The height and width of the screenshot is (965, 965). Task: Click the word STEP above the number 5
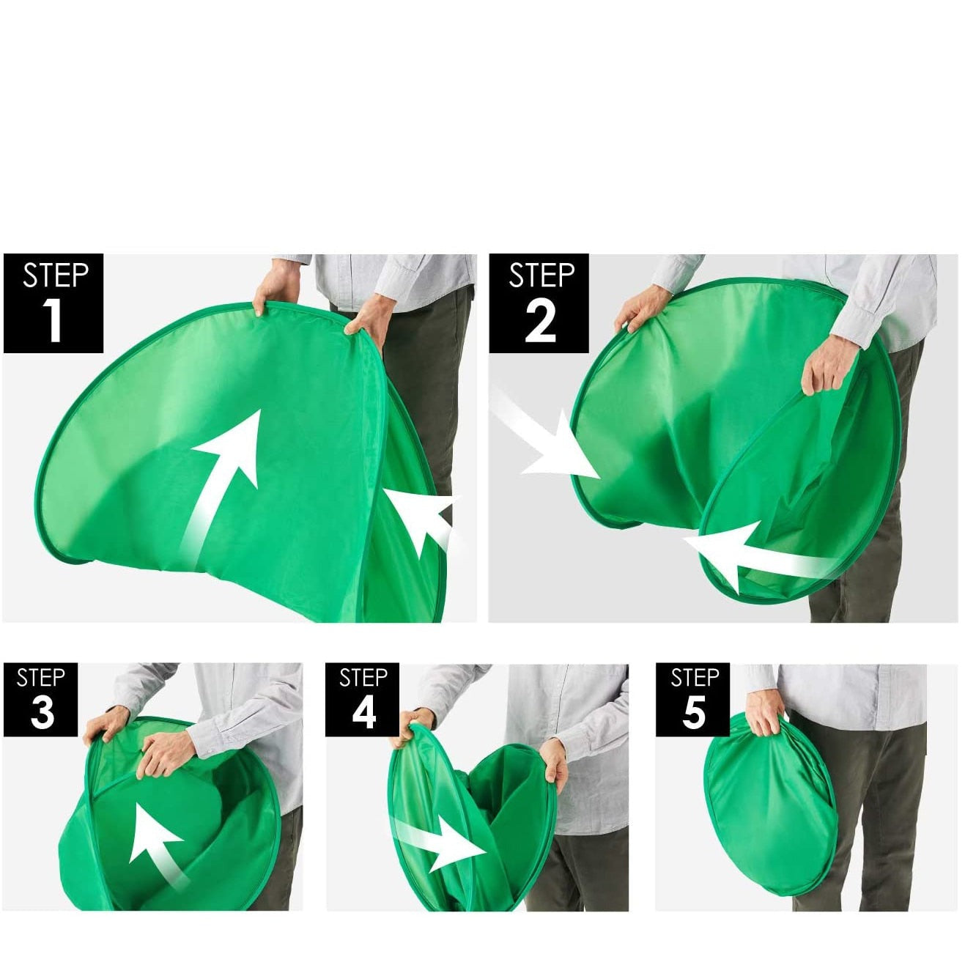tap(695, 678)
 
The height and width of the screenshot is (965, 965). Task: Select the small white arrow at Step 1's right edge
tap(426, 521)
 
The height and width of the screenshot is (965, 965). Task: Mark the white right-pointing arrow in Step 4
tap(440, 846)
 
